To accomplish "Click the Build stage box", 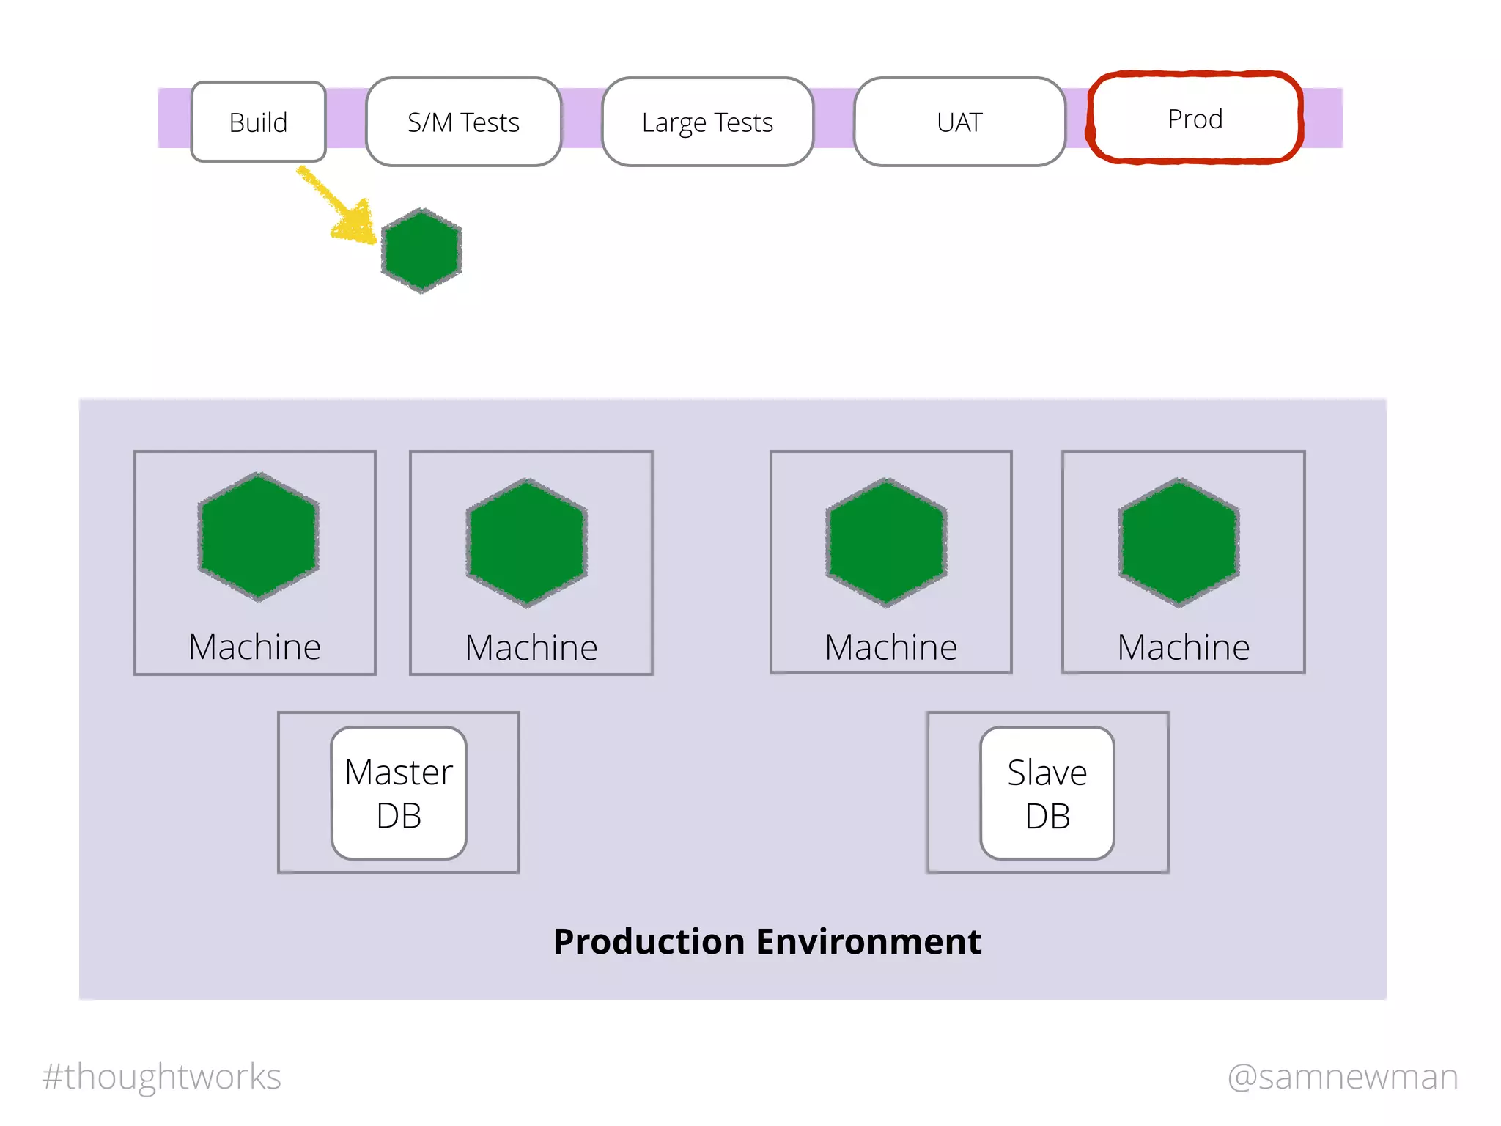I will pyautogui.click(x=258, y=122).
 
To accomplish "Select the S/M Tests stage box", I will pyautogui.click(x=463, y=122).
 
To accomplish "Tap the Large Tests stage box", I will pyautogui.click(x=707, y=122).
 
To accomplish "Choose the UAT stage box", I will pyautogui.click(x=959, y=122).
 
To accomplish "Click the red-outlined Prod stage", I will pyautogui.click(x=1195, y=118).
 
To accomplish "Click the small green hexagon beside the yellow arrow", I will pyautogui.click(x=421, y=250).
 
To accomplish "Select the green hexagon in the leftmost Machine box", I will pyautogui.click(x=258, y=537).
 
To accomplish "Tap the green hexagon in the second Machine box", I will pyautogui.click(x=527, y=542).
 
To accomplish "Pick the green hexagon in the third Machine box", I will pyautogui.click(x=887, y=542).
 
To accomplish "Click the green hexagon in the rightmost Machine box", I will pyautogui.click(x=1179, y=542).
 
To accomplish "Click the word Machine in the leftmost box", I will pyautogui.click(x=254, y=647).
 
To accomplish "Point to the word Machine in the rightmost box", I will pyautogui.click(x=1183, y=647).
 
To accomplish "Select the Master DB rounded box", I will pyautogui.click(x=399, y=793).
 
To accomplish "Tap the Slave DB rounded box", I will pyautogui.click(x=1047, y=793).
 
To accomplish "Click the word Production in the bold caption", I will pyautogui.click(x=649, y=941).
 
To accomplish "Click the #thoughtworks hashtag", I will pyautogui.click(x=161, y=1077).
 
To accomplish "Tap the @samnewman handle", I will pyautogui.click(x=1343, y=1077).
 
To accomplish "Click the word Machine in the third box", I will pyautogui.click(x=890, y=647).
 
